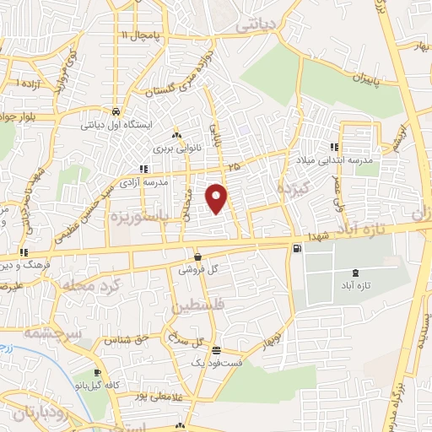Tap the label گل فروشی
coord(197,271)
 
